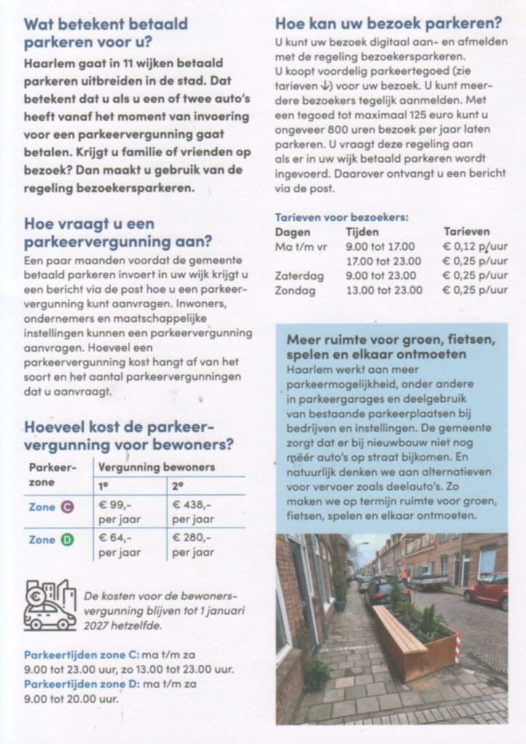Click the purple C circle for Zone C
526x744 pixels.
[x=68, y=507]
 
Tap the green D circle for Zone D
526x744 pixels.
[x=68, y=540]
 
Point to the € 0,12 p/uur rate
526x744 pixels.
[x=475, y=247]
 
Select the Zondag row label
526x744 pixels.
[x=295, y=291]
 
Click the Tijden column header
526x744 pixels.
[x=363, y=232]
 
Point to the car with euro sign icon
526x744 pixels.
[x=49, y=604]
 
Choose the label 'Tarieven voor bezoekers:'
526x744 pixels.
[x=341, y=217]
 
